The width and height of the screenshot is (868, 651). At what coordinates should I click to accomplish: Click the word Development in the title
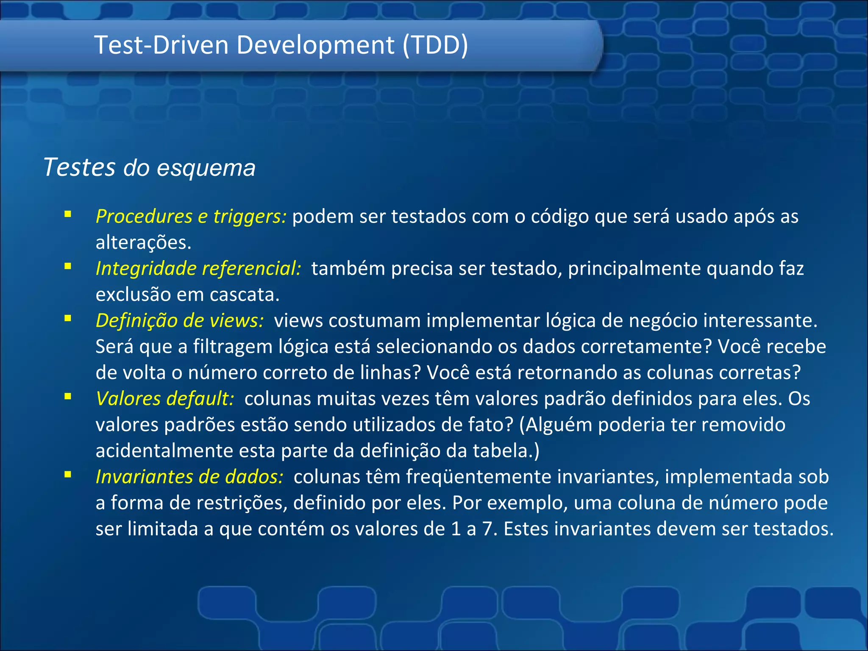(315, 45)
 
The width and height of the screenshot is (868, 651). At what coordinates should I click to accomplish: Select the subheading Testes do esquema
(150, 167)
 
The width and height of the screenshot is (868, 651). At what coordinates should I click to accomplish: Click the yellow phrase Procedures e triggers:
(191, 216)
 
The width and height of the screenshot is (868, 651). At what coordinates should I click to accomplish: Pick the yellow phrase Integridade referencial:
(198, 268)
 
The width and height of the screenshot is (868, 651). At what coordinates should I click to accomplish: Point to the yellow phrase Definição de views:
(180, 320)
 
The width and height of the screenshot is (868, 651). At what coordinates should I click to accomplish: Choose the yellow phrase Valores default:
(165, 398)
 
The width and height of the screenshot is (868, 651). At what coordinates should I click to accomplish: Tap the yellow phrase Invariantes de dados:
(189, 476)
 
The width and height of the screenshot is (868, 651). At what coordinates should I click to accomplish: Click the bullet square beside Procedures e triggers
(68, 214)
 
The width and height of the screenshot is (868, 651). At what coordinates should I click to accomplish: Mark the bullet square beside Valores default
(68, 396)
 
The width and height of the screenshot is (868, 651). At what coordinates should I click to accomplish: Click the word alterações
(143, 243)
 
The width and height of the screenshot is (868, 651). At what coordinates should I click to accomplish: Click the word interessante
(759, 320)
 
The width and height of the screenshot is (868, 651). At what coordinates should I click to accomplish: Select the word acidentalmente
(164, 451)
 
